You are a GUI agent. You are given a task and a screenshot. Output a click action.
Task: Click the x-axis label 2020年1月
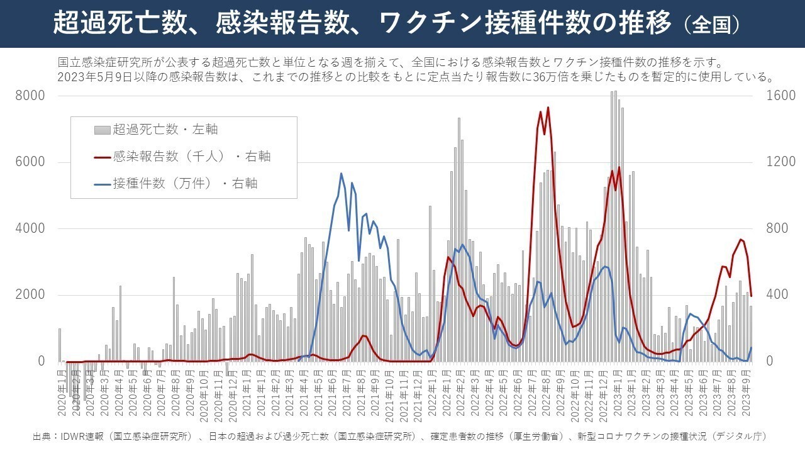[x=62, y=393]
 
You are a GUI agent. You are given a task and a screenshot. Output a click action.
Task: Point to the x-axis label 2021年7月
[x=347, y=393]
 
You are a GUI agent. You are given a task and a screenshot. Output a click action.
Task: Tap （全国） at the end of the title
[x=711, y=25]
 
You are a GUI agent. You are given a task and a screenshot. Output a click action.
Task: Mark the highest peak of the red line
[x=548, y=108]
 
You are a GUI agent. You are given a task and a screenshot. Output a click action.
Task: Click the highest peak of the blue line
[x=341, y=174]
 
